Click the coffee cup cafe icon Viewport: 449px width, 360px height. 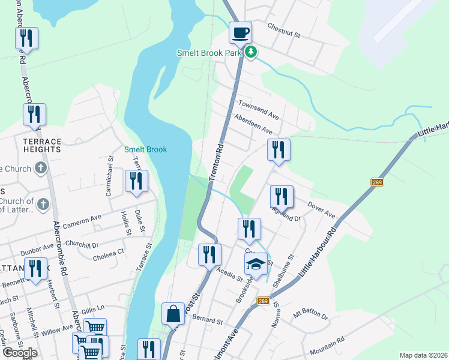[x=240, y=32]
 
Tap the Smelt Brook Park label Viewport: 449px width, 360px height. [x=209, y=53]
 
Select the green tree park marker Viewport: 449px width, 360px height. [x=251, y=53]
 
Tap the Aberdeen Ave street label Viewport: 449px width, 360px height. [x=253, y=125]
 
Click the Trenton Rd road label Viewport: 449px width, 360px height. [x=216, y=162]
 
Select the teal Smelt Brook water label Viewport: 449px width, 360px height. [x=145, y=149]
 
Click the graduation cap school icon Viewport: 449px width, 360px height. [x=255, y=264]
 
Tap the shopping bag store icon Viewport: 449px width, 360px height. [x=173, y=314]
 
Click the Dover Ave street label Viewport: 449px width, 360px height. [x=321, y=209]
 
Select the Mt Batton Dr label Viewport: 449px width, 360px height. [x=311, y=315]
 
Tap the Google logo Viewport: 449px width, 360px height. [x=20, y=352]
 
